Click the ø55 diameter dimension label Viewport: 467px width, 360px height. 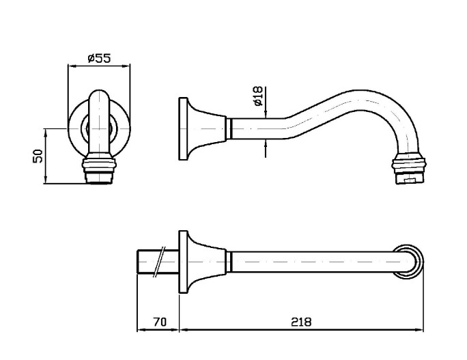(99, 58)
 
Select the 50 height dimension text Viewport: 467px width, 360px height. (38, 156)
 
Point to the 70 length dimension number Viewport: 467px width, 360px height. (160, 322)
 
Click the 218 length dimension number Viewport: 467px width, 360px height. (301, 322)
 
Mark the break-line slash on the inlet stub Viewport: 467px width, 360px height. (158, 262)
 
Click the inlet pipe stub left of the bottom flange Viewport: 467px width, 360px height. (158, 262)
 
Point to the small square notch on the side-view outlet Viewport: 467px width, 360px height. (410, 180)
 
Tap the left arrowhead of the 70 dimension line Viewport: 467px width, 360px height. (141, 330)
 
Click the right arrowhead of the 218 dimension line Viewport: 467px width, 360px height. (419, 330)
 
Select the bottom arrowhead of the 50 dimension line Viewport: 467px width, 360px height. (45, 180)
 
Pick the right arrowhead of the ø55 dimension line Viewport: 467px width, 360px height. (126, 66)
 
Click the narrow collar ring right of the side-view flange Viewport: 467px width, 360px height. (229, 128)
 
